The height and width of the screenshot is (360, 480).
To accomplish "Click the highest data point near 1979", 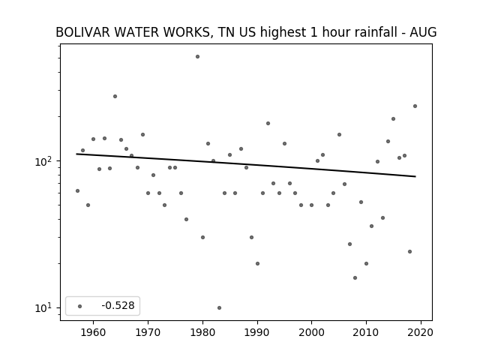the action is click(x=197, y=57).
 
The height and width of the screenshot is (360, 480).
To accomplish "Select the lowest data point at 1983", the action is click(x=219, y=307).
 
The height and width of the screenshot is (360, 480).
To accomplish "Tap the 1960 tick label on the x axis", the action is click(x=93, y=332).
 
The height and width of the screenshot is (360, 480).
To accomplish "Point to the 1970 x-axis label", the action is click(x=148, y=332).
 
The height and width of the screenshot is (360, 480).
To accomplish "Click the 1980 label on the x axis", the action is click(x=202, y=332).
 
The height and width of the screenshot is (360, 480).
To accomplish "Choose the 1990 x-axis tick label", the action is click(x=257, y=332).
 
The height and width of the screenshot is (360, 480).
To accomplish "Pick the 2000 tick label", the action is click(x=312, y=332).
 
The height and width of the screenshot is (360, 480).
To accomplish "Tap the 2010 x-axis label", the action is click(x=366, y=332).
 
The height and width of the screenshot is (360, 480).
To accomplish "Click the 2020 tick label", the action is click(x=421, y=332).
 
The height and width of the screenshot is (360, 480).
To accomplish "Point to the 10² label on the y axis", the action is click(x=44, y=161).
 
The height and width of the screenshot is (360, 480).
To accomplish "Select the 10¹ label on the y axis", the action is click(x=44, y=308).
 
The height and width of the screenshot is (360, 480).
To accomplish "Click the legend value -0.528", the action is click(x=118, y=305).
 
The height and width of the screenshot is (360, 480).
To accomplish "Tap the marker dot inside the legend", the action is click(x=79, y=306).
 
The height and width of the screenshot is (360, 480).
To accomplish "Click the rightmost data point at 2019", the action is click(x=415, y=106).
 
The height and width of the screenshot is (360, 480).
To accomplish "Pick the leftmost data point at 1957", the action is click(x=77, y=190).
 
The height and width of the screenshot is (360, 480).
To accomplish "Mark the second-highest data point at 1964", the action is click(x=115, y=97).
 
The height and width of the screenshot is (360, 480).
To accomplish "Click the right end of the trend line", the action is click(x=415, y=176).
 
